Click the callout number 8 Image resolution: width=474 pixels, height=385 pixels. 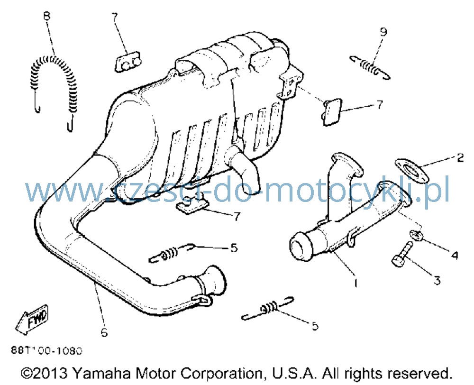click(x=47, y=16)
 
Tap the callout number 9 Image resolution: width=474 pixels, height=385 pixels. click(x=383, y=32)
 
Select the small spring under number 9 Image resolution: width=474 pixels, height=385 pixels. click(x=370, y=67)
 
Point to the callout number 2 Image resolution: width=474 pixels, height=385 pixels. click(x=460, y=157)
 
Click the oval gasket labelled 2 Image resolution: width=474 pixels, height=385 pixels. click(x=411, y=170)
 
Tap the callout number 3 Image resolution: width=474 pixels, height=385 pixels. click(x=437, y=281)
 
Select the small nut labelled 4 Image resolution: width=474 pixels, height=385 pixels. click(x=416, y=235)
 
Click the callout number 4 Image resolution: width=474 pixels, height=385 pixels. click(x=455, y=255)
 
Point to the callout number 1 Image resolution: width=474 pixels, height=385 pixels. click(x=356, y=283)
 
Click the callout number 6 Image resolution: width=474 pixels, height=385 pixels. click(x=104, y=333)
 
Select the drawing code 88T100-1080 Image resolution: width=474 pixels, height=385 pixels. click(x=47, y=350)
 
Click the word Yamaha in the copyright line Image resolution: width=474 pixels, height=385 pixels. click(x=102, y=374)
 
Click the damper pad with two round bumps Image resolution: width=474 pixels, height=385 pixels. click(x=128, y=62)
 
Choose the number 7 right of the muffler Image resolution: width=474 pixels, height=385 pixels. click(x=379, y=105)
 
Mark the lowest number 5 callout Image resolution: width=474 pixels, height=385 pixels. click(x=315, y=326)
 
